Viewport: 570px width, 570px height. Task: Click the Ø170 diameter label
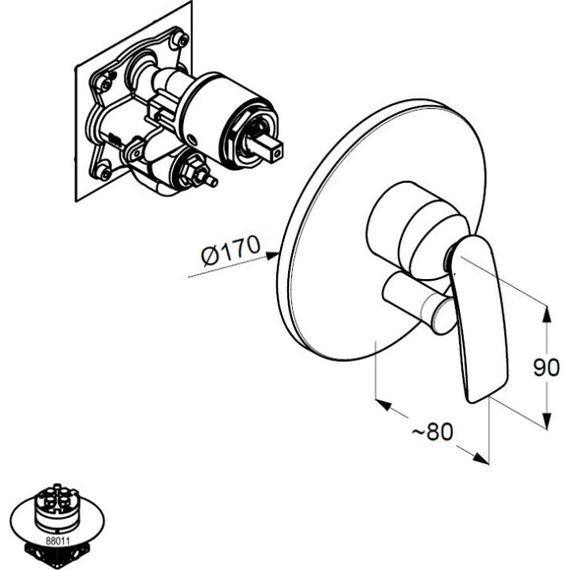231,250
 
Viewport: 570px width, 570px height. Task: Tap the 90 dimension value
546,368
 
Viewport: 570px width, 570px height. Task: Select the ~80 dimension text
432,431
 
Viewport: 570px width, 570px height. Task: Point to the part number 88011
58,541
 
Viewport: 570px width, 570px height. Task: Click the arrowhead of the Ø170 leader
272,256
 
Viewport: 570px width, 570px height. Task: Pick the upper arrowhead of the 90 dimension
547,313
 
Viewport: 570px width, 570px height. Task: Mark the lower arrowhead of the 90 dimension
547,421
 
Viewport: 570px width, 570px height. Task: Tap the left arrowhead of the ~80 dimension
383,405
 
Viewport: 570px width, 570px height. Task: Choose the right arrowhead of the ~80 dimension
482,459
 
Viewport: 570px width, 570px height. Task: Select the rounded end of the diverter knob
443,315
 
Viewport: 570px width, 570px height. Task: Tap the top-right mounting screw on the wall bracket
181,39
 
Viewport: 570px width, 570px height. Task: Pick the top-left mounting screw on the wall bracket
105,85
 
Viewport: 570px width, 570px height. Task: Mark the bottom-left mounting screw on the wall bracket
104,172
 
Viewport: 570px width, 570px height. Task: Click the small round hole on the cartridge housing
193,139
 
